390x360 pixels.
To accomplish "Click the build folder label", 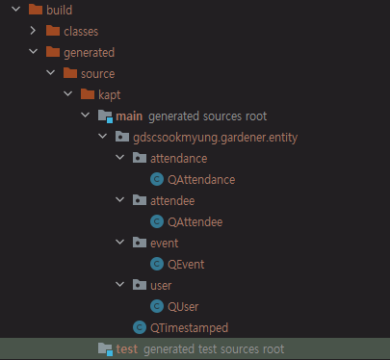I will [x=60, y=11].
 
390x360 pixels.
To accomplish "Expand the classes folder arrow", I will [x=34, y=32].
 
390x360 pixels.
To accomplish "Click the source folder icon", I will [x=69, y=73].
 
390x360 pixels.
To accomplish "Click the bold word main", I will [x=129, y=116].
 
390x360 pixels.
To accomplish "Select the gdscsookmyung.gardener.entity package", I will [x=216, y=137].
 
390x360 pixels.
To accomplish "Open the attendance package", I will [x=178, y=158].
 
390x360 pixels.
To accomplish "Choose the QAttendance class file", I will [x=201, y=179].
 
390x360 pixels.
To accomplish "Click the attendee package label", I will [x=174, y=200].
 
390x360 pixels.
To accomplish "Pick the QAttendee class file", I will [x=195, y=221].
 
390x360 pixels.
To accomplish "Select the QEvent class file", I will [x=186, y=264].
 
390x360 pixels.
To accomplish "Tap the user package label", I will [x=163, y=285].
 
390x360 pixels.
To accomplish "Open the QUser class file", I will [x=183, y=306].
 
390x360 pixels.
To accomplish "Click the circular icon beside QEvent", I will [x=156, y=264].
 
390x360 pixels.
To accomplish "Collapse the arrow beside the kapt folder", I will [x=66, y=94].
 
